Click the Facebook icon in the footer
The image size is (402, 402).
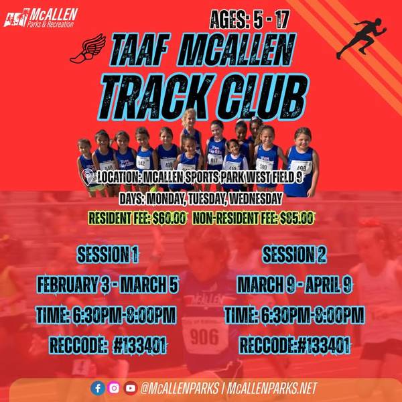pos(98,388)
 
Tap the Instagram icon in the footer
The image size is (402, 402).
pos(114,388)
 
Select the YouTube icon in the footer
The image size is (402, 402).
pos(131,388)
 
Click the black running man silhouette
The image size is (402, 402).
pos(362,38)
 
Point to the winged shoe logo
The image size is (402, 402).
pos(88,49)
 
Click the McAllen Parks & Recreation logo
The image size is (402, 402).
pos(41,17)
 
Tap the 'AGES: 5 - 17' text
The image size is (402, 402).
pos(249,19)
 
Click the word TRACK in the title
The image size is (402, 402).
pos(155,97)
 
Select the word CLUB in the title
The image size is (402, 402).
pos(263,97)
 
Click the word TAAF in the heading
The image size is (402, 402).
pos(140,50)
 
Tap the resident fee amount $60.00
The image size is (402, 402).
pos(169,218)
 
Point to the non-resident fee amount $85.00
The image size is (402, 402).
pos(297,218)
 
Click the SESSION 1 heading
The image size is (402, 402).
pos(108,255)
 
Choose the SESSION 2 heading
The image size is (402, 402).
pos(294,255)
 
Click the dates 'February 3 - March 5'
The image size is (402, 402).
pos(107,284)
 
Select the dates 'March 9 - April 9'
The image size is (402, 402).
pos(295,285)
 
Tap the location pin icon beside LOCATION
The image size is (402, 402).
pos(88,177)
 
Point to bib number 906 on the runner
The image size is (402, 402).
pos(204,337)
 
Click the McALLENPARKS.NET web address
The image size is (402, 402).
pos(272,388)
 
